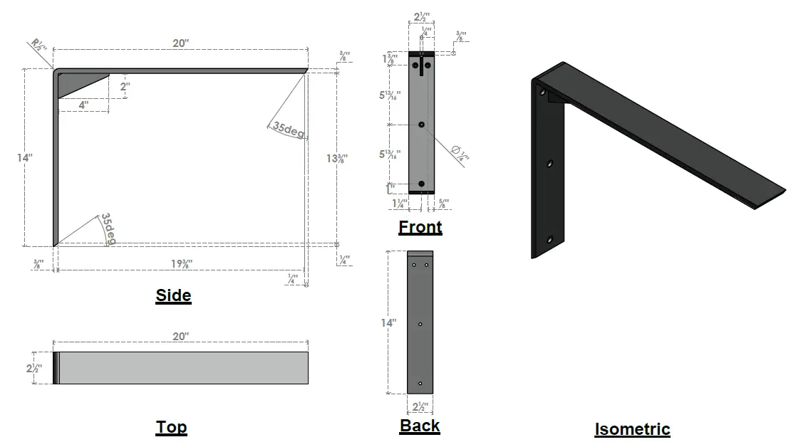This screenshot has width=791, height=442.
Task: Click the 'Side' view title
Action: (173, 295)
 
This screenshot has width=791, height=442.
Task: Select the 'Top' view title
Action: (171, 427)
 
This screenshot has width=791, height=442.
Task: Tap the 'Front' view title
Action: (420, 227)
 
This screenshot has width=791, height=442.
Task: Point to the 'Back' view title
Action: (420, 426)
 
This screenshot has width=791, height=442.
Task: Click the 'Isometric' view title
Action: (632, 429)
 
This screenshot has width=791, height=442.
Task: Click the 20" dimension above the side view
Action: (181, 43)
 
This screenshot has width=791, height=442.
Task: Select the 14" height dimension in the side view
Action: (25, 157)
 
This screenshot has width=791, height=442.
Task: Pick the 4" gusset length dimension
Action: (83, 105)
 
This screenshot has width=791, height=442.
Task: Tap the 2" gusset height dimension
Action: (125, 87)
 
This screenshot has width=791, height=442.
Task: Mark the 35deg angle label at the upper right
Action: (288, 131)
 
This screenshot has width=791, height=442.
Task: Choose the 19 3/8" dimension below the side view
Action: (181, 263)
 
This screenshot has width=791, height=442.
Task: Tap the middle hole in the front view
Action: (421, 125)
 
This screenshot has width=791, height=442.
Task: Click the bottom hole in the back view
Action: (420, 384)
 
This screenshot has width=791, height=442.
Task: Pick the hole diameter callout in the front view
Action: (460, 152)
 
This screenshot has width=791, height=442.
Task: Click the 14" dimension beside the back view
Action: (388, 322)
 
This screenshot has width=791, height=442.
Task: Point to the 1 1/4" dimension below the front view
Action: (400, 204)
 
